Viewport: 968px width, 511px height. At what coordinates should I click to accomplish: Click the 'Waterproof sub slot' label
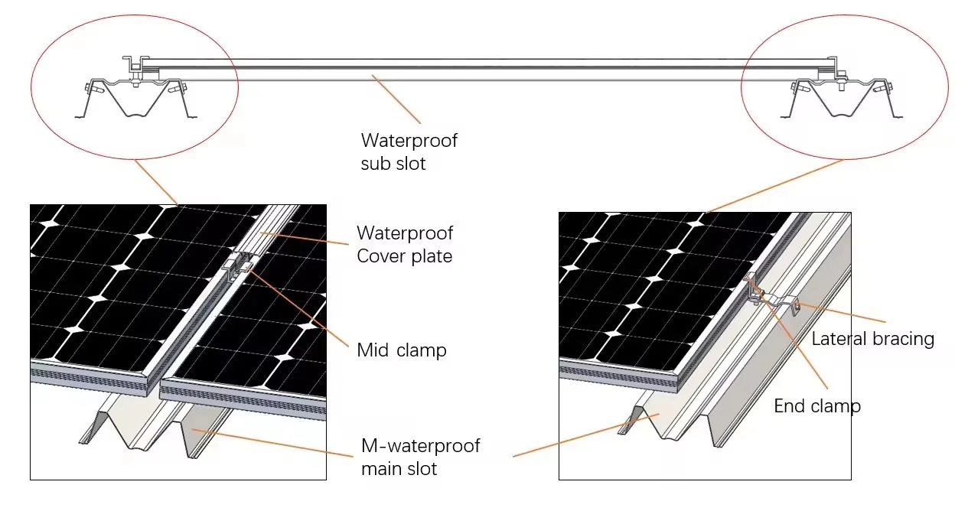pos(409,151)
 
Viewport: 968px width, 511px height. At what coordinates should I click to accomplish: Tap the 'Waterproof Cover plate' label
pos(405,244)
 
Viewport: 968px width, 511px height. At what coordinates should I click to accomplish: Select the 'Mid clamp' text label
pos(402,350)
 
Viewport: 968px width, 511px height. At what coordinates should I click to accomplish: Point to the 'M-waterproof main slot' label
pos(420,457)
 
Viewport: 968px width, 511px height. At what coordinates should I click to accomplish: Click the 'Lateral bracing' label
pos(872,339)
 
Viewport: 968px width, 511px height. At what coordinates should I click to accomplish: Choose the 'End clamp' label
pos(817,406)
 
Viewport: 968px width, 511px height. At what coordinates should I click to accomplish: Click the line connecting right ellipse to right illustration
pos(773,187)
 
